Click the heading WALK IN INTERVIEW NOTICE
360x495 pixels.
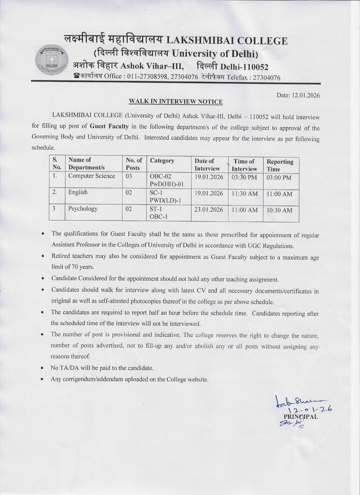tap(176, 101)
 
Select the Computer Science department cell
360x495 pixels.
tap(92, 176)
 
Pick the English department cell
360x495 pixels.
tap(78, 192)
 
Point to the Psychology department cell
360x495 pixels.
tap(83, 209)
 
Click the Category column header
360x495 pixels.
tap(162, 161)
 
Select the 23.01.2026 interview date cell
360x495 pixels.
tap(209, 209)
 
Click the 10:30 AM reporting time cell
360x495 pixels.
tap(279, 210)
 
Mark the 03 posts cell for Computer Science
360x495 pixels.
tap(129, 176)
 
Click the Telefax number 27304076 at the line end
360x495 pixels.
tap(267, 78)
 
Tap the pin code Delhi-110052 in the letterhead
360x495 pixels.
tap(244, 67)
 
